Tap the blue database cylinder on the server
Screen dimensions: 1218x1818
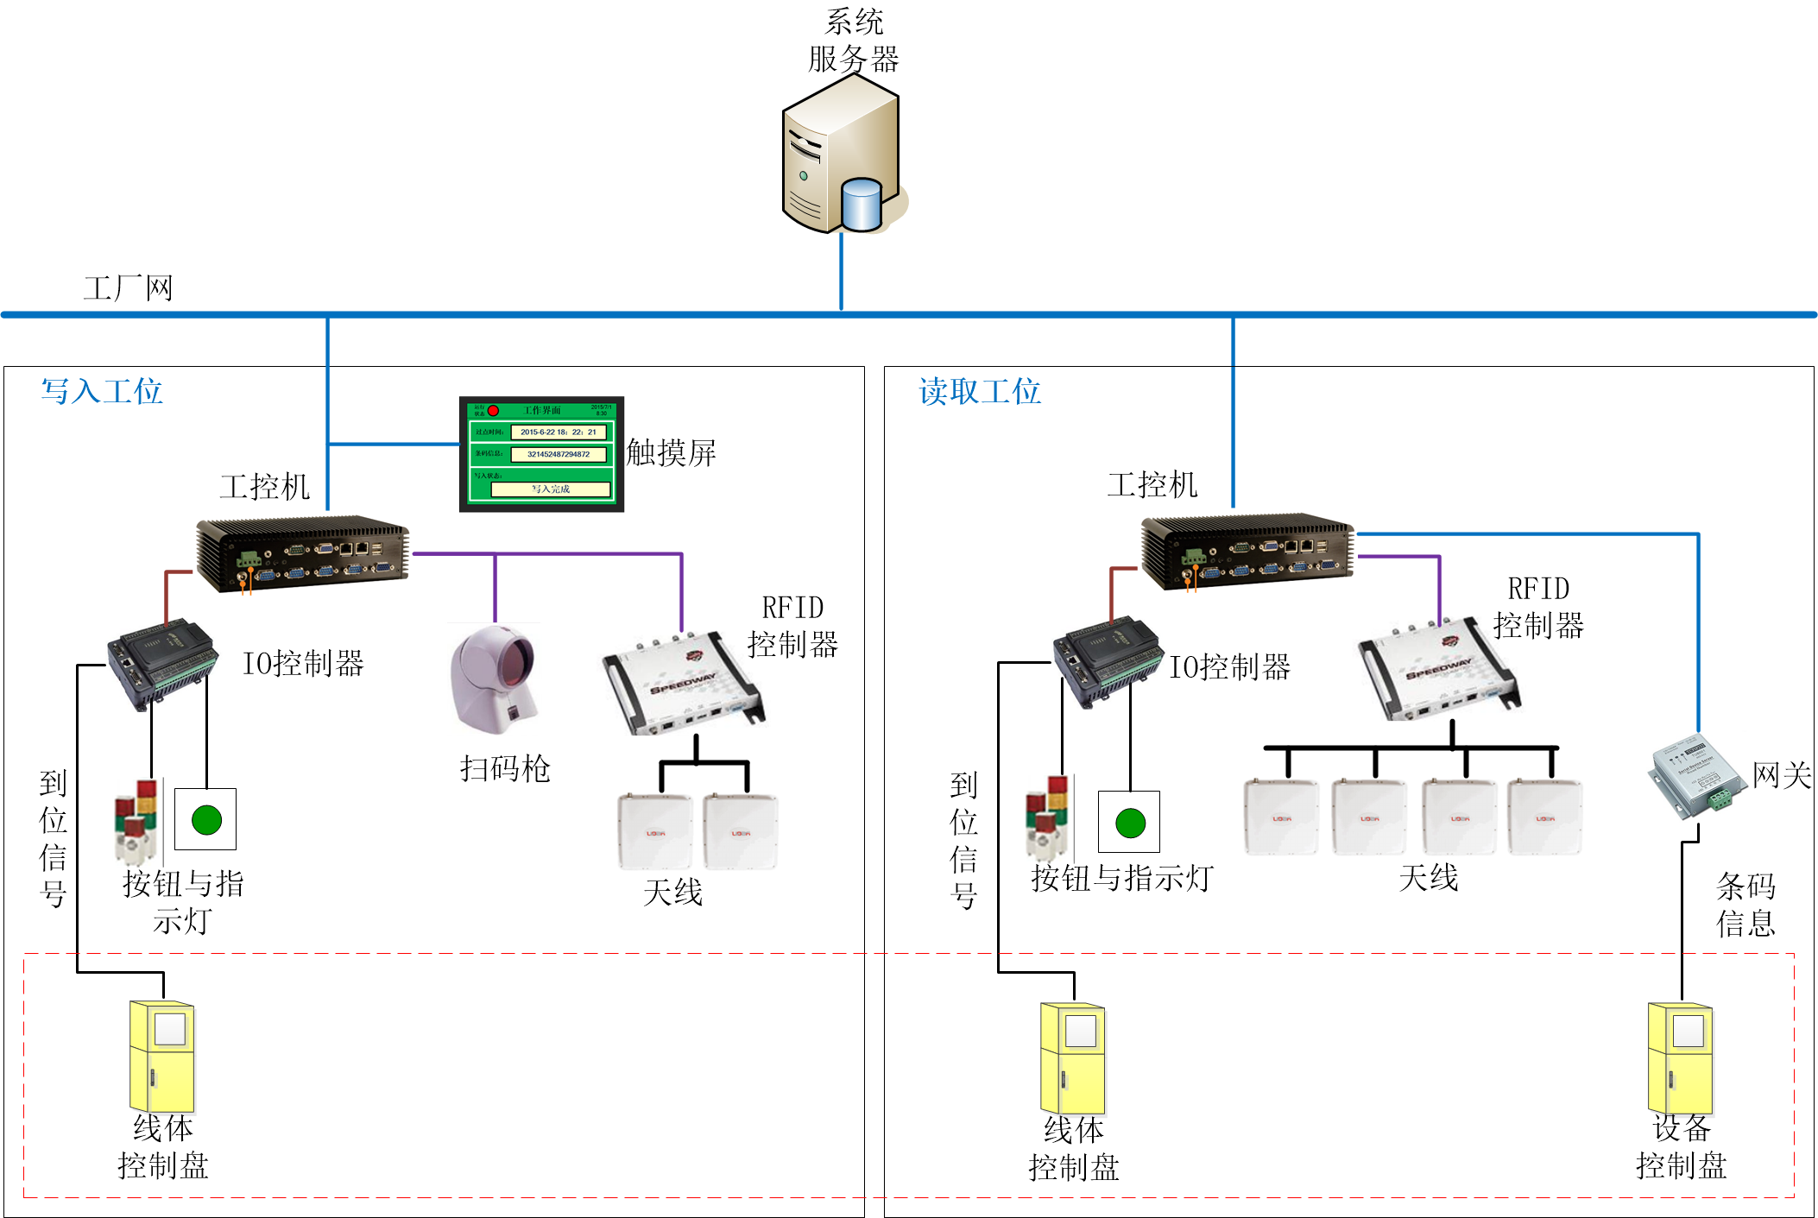click(x=861, y=205)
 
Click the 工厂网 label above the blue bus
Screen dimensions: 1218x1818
click(x=128, y=287)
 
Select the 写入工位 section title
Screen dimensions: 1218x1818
click(x=102, y=391)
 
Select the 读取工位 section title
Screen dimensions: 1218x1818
click(x=980, y=391)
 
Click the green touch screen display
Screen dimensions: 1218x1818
click(x=541, y=454)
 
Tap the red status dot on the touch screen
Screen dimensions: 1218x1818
click(x=494, y=410)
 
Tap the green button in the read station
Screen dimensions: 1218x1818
click(x=1130, y=823)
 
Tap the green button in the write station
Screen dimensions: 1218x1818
click(x=206, y=819)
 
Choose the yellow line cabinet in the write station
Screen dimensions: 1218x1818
click(x=162, y=1057)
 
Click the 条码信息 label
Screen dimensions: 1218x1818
click(x=1745, y=905)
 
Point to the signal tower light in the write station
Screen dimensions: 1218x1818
click(x=136, y=823)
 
